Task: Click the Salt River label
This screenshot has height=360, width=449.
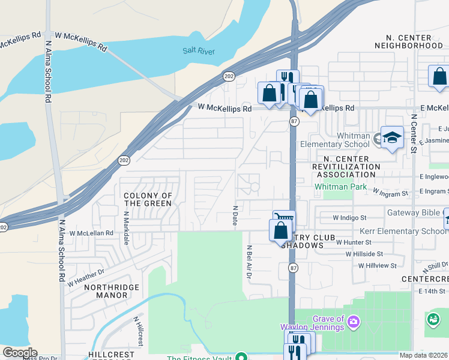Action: [x=199, y=52]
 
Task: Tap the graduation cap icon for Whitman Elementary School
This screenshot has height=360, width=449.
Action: [x=391, y=138]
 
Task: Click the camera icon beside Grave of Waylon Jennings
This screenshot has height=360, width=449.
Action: [x=354, y=323]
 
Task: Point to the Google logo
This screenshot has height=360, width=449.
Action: [x=20, y=353]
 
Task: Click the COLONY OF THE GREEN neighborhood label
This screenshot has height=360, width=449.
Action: [x=148, y=200]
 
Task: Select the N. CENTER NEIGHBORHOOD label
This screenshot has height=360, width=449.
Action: [x=409, y=40]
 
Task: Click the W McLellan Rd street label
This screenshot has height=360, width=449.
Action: [x=91, y=233]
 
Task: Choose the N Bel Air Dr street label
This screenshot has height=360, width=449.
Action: [x=247, y=262]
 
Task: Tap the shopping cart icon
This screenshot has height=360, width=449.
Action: [x=284, y=218]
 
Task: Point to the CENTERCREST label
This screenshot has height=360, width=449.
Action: [x=424, y=279]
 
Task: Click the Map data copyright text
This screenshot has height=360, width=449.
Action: [x=423, y=355]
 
